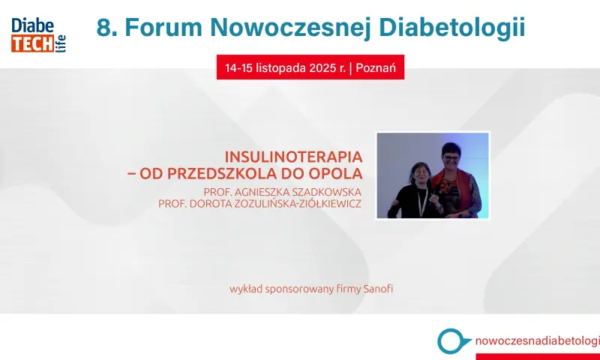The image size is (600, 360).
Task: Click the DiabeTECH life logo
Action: tap(39, 34)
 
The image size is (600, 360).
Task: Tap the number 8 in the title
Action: tap(103, 28)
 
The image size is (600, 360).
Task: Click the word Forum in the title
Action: tap(163, 28)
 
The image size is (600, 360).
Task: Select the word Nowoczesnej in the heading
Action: tap(290, 28)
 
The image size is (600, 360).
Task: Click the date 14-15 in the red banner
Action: tap(238, 68)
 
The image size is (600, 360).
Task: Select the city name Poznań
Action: tap(376, 67)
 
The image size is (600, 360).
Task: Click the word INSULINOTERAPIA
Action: tap(293, 157)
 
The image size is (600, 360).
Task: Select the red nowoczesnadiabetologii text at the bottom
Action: tap(537, 340)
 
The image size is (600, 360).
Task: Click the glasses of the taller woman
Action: tap(452, 157)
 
